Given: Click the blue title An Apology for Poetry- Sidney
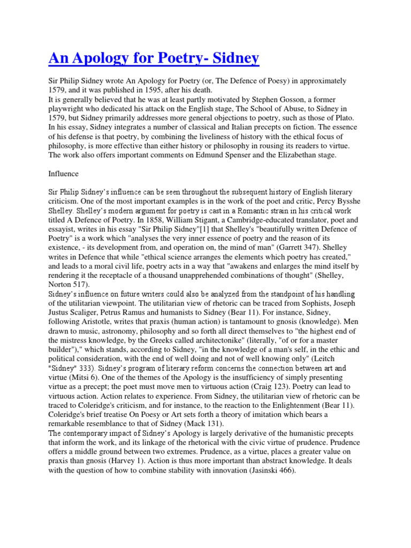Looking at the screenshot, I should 154,57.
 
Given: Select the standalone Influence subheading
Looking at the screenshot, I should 64,173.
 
